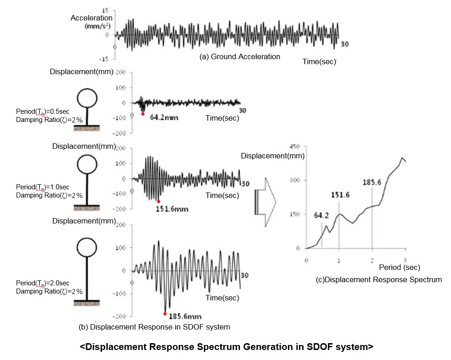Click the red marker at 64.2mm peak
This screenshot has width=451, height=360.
[x=142, y=114]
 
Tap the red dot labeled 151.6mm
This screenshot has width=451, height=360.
[x=158, y=201]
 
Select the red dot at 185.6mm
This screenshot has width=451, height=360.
[x=165, y=314]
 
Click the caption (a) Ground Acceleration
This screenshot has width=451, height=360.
[x=240, y=56]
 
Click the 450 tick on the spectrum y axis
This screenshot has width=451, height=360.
[x=297, y=146]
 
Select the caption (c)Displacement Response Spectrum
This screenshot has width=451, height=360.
[x=379, y=279]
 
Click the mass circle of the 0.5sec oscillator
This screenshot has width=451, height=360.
[x=86, y=98]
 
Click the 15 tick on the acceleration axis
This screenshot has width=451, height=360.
[x=105, y=10]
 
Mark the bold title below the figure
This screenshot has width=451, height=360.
[x=226, y=347]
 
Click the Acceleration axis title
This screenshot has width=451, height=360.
[x=91, y=18]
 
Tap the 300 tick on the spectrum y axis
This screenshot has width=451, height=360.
[x=297, y=180]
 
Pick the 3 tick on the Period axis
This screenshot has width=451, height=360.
[x=405, y=259]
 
